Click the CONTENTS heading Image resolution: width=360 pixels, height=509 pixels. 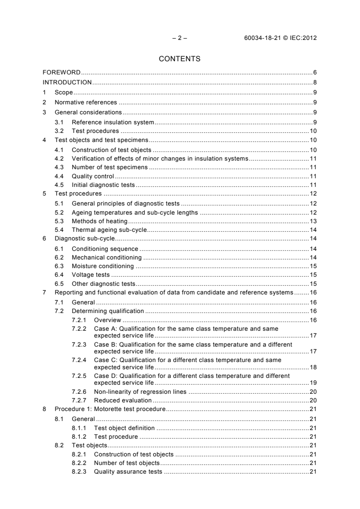pyautogui.click(x=180, y=59)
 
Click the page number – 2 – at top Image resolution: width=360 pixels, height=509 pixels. pyautogui.click(x=180, y=38)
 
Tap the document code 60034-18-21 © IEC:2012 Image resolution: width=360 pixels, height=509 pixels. pyautogui.click(x=280, y=38)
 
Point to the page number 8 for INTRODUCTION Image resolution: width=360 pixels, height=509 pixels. pyautogui.click(x=315, y=83)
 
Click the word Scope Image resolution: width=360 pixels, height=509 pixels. pyautogui.click(x=64, y=93)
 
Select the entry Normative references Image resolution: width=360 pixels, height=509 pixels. pyautogui.click(x=86, y=103)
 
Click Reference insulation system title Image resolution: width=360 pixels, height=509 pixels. pyautogui.click(x=113, y=122)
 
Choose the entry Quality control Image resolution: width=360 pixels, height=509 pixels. pyautogui.click(x=93, y=176)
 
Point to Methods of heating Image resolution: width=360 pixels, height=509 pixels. pyautogui.click(x=99, y=221)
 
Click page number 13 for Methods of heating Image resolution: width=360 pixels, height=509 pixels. pyautogui.click(x=313, y=221)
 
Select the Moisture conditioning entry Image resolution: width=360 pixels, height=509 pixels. pyautogui.click(x=103, y=266)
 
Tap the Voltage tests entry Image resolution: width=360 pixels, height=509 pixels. pyautogui.click(x=91, y=275)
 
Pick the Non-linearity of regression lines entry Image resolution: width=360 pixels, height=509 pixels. pyautogui.click(x=140, y=392)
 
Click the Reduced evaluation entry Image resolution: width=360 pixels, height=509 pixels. pyautogui.click(x=123, y=400)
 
